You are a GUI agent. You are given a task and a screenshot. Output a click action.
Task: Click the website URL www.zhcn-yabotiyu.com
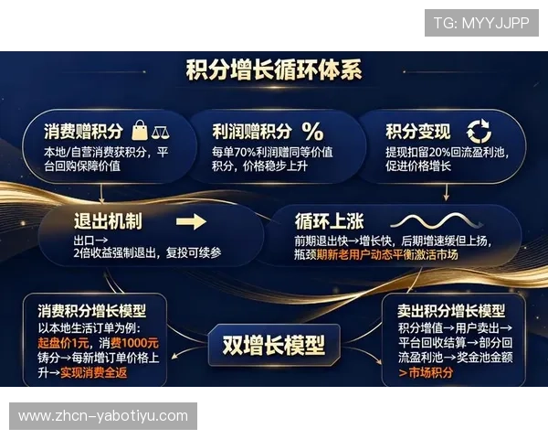(102, 416)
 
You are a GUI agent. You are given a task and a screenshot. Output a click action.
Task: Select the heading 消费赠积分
(83, 131)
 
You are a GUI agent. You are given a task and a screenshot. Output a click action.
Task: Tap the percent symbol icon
(312, 131)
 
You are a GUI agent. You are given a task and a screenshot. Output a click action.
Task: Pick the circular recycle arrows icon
(478, 131)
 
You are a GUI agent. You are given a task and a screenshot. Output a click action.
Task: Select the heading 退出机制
(108, 221)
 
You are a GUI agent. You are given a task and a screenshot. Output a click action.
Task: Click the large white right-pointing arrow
(191, 221)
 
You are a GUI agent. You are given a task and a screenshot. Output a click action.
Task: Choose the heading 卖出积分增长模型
(451, 311)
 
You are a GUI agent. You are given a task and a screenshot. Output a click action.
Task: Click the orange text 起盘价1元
(62, 342)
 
